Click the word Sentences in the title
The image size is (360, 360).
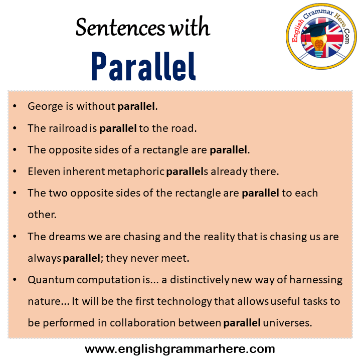pos(119,28)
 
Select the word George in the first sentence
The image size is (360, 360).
pos(45,106)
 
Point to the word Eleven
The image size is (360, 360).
pos(43,171)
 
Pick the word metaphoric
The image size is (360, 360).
pos(137,171)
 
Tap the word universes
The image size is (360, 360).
pos(287,323)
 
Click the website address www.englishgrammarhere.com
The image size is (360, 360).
pos(180,348)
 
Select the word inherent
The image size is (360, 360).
pos(87,171)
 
